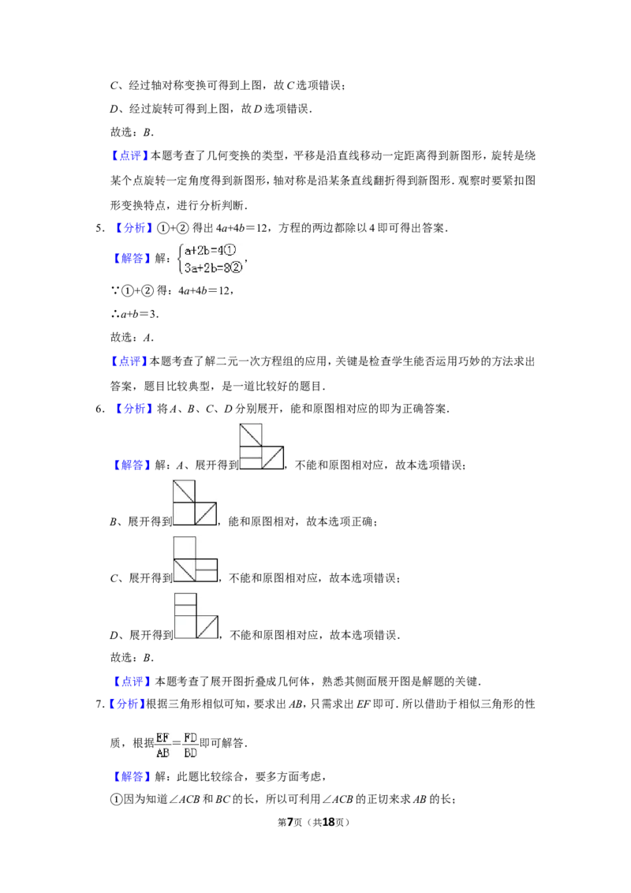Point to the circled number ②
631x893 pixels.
coord(238,267)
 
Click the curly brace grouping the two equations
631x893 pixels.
coord(179,259)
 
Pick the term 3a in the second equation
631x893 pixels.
coord(190,267)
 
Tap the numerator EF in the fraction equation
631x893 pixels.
coord(162,738)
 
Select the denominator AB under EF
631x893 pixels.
coord(162,753)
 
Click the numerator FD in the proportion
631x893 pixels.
coord(190,738)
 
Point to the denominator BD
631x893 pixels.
coord(190,753)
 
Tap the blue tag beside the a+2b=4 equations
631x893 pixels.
coord(132,259)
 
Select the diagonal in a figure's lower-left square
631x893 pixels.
coord(185,569)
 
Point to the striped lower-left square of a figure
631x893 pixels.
coord(250,458)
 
